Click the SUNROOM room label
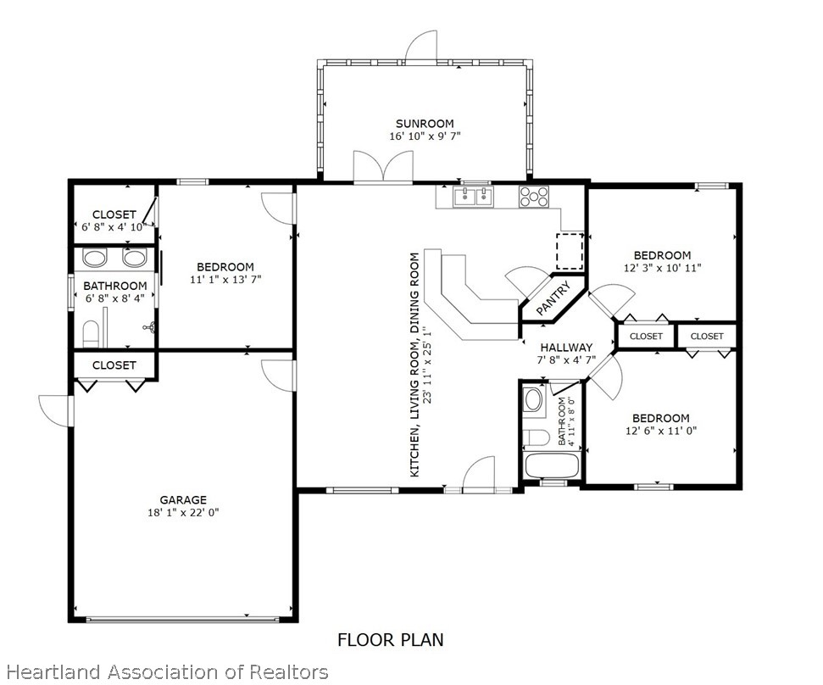point(425,124)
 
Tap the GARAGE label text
point(183,500)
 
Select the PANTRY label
point(553,298)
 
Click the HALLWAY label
point(566,348)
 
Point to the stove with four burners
point(534,197)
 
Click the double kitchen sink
point(474,197)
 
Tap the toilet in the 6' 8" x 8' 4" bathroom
point(91,333)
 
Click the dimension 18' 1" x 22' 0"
point(183,513)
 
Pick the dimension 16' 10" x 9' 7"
point(425,136)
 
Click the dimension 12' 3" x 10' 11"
point(663,268)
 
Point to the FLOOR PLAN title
point(391,640)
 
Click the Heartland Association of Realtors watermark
point(168,672)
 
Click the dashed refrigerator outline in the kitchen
point(570,252)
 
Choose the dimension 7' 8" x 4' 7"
point(566,360)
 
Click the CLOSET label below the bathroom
point(114,365)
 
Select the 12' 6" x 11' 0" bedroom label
point(661,418)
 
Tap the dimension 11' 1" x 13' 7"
point(225,280)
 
